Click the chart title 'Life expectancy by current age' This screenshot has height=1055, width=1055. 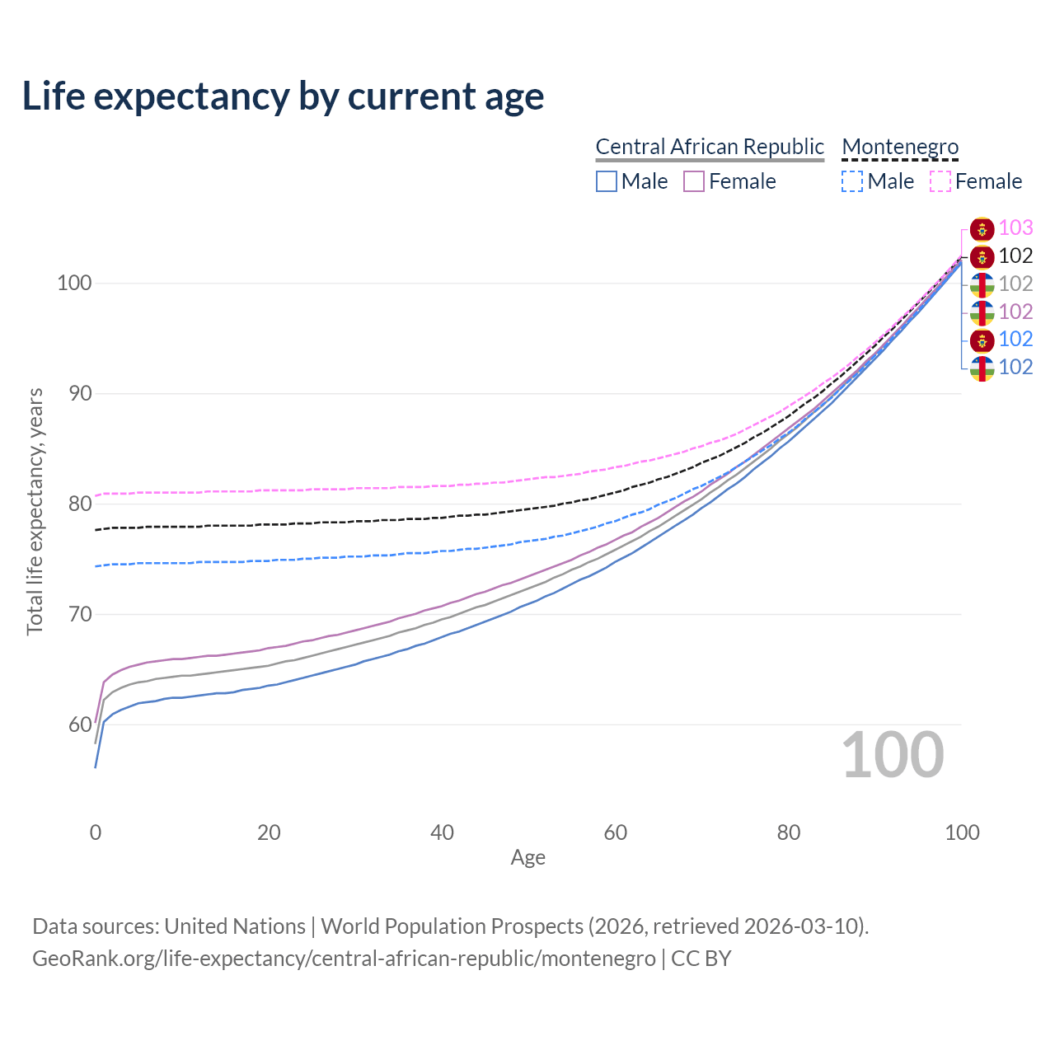pos(283,96)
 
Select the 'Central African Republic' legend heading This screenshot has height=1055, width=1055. pos(710,147)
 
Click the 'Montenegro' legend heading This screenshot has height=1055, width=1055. pos(900,147)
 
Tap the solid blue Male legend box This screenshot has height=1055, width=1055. pos(607,181)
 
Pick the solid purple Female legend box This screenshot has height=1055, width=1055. pos(694,181)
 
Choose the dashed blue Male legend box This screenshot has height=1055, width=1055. pos(852,181)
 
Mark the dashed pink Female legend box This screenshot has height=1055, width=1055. pos(940,181)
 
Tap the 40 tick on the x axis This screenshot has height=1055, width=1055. pos(443,832)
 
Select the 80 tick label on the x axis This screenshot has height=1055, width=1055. pos(789,832)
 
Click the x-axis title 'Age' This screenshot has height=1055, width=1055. pos(528,858)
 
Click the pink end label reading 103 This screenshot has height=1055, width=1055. pos(1015,227)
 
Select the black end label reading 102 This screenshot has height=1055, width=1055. pos(1015,256)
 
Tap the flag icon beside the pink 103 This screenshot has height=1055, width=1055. pos(982,228)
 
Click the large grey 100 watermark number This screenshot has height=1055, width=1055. pos(893,755)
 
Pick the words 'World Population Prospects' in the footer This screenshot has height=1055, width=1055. pos(452,926)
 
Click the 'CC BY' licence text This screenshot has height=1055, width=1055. pos(701,959)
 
